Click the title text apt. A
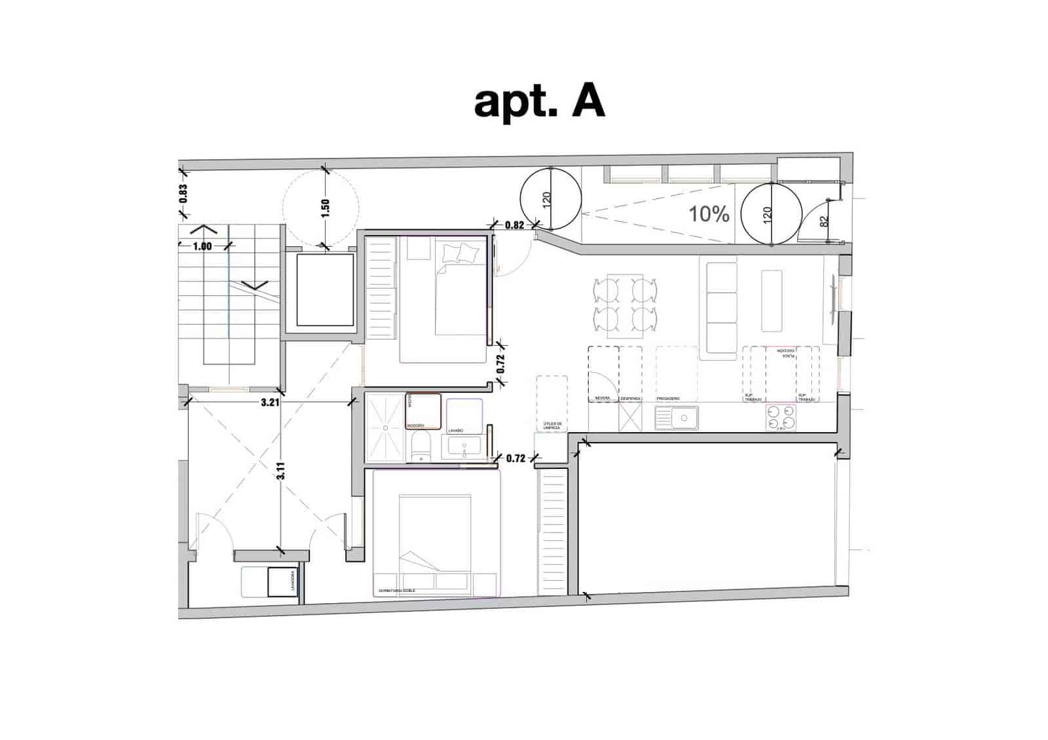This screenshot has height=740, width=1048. pos(538,102)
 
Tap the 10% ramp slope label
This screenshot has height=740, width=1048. pos(709,213)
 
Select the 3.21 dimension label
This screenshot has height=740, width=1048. pos(270,403)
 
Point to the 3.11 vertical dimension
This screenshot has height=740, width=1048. pos(281,471)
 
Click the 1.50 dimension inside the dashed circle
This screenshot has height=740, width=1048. pos(326,208)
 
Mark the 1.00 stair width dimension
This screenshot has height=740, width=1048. pos(202,247)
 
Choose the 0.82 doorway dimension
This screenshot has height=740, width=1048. pos(515,225)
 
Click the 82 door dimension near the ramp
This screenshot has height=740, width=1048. pos(825,221)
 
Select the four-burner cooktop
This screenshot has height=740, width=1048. pos(781,418)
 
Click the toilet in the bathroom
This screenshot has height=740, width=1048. pos(420,447)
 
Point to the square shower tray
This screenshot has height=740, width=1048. pos(385,427)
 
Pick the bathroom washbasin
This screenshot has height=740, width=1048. pos(464,448)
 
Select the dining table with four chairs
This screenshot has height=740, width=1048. pos(625,306)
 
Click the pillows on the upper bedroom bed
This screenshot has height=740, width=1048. pos(460,253)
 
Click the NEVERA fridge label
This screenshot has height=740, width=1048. pos(602,399)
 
